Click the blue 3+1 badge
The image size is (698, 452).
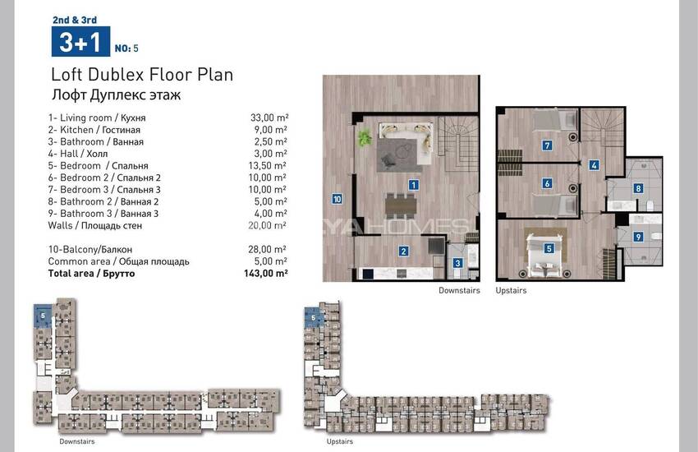click(80, 41)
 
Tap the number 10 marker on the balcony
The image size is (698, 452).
click(337, 199)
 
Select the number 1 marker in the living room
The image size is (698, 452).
click(414, 185)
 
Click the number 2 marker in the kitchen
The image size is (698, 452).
click(403, 251)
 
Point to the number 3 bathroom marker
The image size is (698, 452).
click(457, 263)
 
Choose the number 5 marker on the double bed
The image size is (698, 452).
click(549, 248)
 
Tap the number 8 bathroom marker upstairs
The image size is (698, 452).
click(638, 188)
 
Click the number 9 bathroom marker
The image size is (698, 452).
click(638, 237)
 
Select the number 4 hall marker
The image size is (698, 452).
click(594, 165)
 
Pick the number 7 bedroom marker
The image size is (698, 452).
click(547, 145)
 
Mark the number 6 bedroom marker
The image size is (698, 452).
click(547, 183)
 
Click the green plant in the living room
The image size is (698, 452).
click(365, 137)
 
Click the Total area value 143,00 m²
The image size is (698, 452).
click(266, 273)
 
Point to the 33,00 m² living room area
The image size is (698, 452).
click(269, 118)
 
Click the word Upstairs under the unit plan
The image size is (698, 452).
click(511, 290)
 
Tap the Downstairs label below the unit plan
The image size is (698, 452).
click(459, 290)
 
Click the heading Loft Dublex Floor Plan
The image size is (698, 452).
click(142, 74)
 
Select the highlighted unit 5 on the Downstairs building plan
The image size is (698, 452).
click(43, 316)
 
